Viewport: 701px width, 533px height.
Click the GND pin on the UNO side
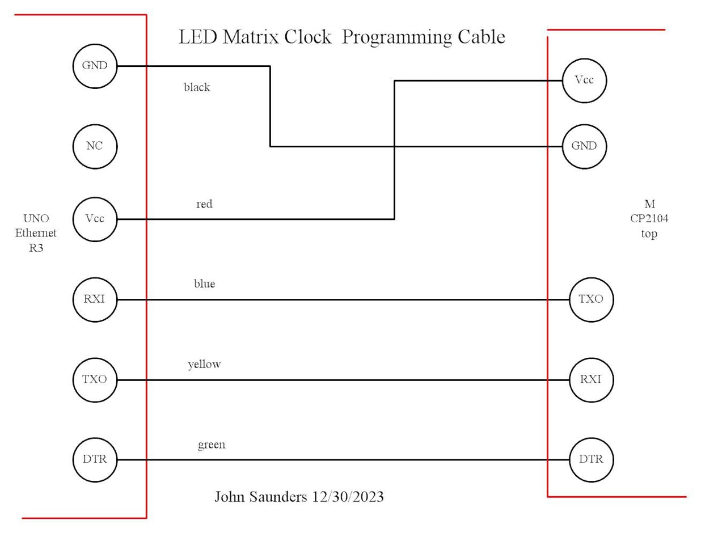pos(95,66)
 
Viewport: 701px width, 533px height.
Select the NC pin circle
pos(95,146)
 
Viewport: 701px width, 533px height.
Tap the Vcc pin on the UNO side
pos(95,219)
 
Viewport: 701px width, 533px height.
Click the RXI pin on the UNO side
pos(95,299)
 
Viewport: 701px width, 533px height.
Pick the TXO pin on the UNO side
pos(95,379)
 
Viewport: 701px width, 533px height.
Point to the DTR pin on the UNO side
pos(95,459)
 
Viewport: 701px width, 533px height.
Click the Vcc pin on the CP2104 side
pos(584,80)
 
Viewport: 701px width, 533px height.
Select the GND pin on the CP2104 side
pos(584,146)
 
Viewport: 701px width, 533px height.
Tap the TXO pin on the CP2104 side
pos(591,299)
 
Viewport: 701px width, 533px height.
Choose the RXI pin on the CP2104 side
pos(591,379)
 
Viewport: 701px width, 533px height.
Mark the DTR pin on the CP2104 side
pos(591,459)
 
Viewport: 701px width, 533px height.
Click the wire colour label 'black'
pos(197,87)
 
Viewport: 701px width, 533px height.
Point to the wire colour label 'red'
pos(204,204)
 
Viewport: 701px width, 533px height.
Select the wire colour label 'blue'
pos(204,284)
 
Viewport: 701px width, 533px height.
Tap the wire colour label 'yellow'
pos(204,364)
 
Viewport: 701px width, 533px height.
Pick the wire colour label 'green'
pos(212,445)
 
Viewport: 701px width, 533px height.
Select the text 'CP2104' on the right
pos(649,219)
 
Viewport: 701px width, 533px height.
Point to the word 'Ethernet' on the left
pos(36,233)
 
